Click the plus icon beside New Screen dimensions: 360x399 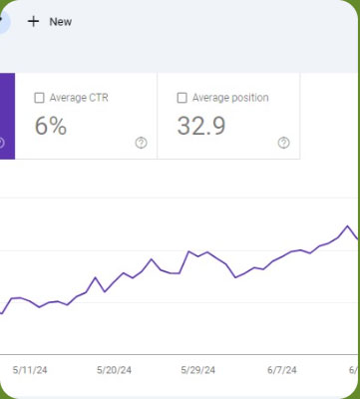33,22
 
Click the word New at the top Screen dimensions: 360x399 61,22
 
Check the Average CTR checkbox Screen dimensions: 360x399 39,98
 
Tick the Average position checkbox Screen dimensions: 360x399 181,98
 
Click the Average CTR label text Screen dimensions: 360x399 79,98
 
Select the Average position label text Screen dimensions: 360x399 230,98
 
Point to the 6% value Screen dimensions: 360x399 51,126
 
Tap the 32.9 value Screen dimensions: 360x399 201,126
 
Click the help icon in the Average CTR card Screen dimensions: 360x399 141,143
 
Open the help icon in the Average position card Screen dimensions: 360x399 283,143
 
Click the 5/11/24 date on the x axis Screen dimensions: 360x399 30,370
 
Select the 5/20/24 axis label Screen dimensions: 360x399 114,370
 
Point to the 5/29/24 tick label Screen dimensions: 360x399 198,370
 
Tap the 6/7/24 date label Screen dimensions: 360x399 282,370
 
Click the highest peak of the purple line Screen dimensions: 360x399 348,226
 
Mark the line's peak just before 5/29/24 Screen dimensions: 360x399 188,251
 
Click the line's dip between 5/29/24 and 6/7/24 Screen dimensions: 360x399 235,277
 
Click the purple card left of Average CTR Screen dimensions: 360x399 7,116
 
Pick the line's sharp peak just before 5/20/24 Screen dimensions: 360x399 95,277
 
